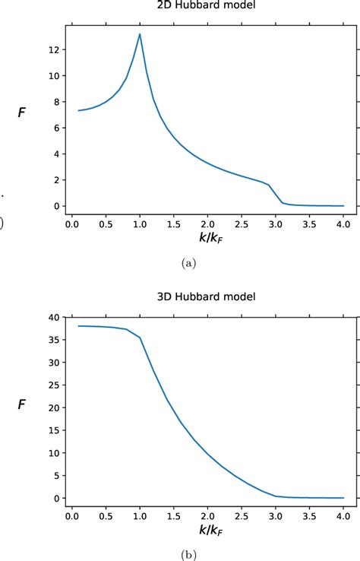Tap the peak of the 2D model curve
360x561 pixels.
[x=140, y=33]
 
